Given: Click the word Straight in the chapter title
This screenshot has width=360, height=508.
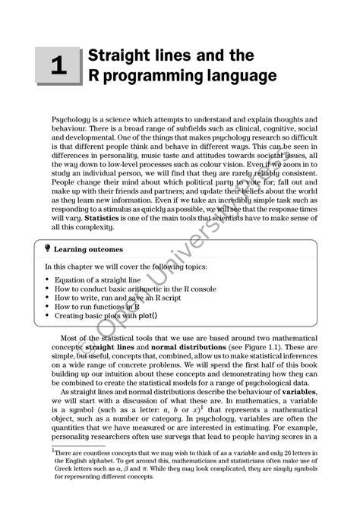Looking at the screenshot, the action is tap(118, 56).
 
